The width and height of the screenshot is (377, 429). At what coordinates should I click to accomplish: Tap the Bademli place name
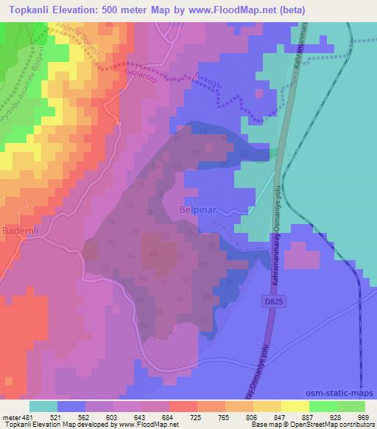point(20,229)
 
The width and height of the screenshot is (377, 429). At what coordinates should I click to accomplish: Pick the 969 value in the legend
point(364,416)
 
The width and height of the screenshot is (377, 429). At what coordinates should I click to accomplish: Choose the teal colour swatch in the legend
point(43,406)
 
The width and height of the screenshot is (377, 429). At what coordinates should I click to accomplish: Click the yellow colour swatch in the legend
point(295,406)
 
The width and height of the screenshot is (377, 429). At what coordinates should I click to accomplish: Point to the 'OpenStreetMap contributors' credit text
point(336,425)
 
